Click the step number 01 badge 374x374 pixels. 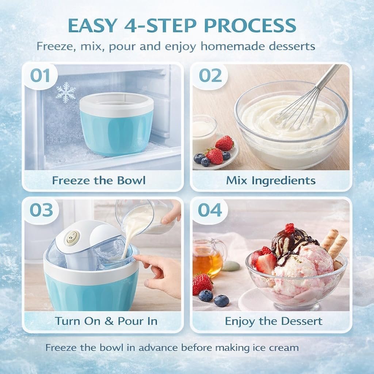click(40, 76)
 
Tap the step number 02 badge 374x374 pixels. click(210, 76)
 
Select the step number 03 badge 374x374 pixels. click(41, 210)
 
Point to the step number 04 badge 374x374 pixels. click(210, 210)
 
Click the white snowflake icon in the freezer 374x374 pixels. click(66, 92)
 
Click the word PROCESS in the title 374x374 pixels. click(250, 25)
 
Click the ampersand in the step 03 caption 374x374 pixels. click(109, 321)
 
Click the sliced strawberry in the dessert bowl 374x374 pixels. click(266, 264)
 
